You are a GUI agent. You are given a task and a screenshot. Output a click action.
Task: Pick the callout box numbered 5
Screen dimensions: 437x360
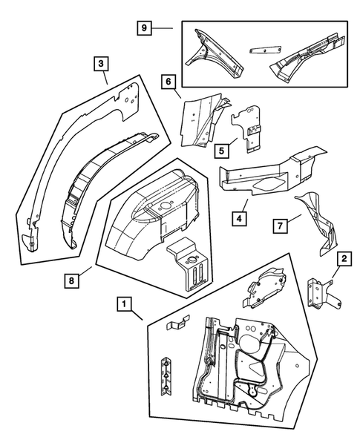pyautogui.click(x=220, y=148)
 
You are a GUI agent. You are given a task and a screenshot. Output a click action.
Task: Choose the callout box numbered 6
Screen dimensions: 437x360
pyautogui.click(x=168, y=82)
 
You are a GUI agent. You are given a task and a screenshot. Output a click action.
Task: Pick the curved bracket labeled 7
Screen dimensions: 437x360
pyautogui.click(x=318, y=223)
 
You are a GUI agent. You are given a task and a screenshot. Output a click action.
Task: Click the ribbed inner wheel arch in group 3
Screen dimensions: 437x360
pyautogui.click(x=100, y=178)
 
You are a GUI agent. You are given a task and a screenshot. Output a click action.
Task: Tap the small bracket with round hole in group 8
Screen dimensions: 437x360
pyautogui.click(x=189, y=271)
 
